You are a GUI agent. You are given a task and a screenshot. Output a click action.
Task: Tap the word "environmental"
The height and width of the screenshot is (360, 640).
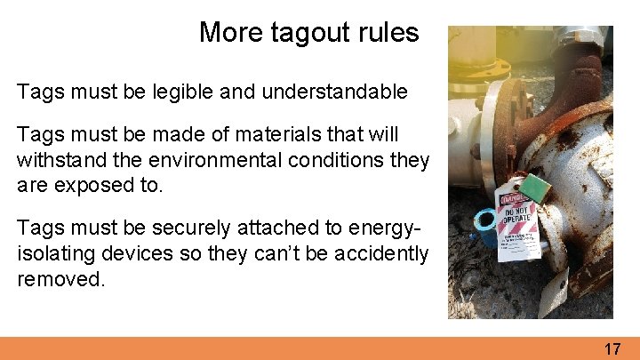pyautogui.click(x=200, y=161)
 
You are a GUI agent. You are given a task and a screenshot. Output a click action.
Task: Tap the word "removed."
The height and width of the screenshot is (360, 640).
pyautogui.click(x=60, y=279)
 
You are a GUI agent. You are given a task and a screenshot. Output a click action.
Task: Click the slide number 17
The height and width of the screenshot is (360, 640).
pyautogui.click(x=612, y=348)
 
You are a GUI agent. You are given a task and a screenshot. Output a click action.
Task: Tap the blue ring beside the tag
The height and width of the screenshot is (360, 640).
pyautogui.click(x=487, y=220)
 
